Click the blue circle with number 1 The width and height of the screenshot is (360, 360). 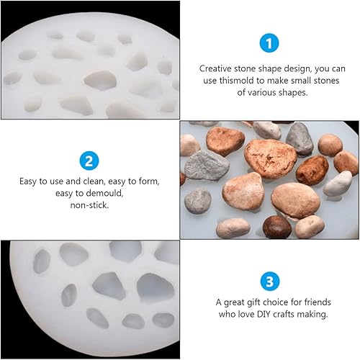click(269, 43)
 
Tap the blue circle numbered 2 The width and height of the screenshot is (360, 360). click(89, 161)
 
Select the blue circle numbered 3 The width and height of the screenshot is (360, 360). click(270, 282)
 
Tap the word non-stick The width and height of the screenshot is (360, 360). click(89, 205)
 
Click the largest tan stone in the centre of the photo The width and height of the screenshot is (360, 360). click(271, 158)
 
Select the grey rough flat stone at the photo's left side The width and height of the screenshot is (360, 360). click(207, 166)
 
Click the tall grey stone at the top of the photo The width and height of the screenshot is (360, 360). click(300, 138)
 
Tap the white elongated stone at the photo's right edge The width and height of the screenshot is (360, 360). click(338, 184)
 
